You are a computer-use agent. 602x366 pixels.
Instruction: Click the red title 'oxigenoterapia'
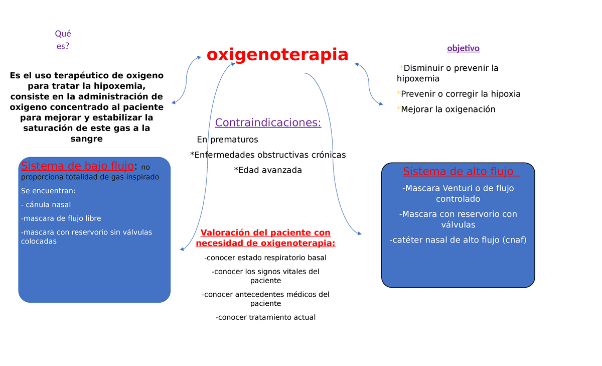point(277,54)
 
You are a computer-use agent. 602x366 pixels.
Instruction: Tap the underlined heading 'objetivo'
point(463,48)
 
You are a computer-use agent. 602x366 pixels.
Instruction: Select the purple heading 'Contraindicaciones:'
point(268,123)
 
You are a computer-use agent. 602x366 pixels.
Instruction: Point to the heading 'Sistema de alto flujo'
point(458,172)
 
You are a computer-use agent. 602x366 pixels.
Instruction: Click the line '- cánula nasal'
point(46,205)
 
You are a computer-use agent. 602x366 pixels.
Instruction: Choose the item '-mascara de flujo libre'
point(61,218)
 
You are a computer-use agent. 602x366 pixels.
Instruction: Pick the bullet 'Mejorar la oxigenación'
point(448,109)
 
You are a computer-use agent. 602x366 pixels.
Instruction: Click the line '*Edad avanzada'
point(268,170)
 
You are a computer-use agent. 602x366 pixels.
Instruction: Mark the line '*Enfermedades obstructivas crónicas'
point(268,155)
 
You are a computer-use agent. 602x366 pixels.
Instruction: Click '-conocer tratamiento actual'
point(265,317)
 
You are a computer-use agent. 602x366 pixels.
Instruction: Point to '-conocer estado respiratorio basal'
point(265,258)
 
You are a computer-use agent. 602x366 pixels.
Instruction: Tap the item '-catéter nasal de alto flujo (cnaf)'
point(458,240)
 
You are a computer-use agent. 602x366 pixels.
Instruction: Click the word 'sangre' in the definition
point(87,139)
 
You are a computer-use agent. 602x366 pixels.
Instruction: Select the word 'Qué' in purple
point(63,34)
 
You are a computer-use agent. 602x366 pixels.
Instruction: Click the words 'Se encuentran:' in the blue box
point(48,191)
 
